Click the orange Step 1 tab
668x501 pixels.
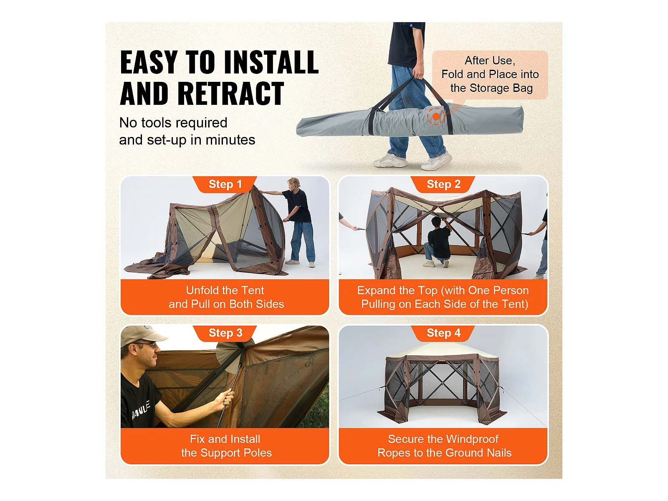225,185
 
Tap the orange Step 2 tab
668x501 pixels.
443,185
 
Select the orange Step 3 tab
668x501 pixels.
225,333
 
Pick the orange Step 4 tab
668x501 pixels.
443,333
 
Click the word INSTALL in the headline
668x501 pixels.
271,62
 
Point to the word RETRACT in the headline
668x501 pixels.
230,94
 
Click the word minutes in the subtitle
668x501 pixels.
230,140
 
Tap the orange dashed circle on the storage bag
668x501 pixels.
436,116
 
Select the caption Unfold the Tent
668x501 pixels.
225,291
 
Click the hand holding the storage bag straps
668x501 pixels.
418,70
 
